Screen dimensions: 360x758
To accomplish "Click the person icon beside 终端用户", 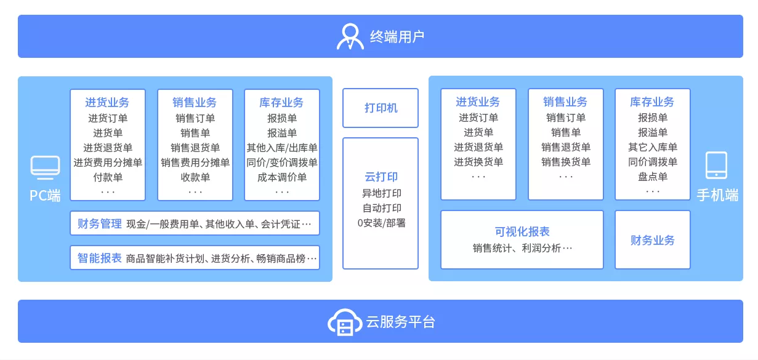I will click(x=350, y=36).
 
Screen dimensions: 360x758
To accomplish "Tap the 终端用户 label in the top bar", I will click(x=397, y=36).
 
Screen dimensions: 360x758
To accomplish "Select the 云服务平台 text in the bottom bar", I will click(x=400, y=322).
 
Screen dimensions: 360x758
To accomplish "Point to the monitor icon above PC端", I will click(x=45, y=167).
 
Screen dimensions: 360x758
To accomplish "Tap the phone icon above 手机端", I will click(x=716, y=166).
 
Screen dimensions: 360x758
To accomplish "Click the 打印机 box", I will click(x=381, y=108).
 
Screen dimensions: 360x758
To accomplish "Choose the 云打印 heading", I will click(x=381, y=177).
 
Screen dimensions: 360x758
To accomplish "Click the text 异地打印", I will click(x=381, y=193).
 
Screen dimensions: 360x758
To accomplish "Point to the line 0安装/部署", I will click(x=381, y=223).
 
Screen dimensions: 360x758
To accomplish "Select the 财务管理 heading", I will click(x=99, y=224).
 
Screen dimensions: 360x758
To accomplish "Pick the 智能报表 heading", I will click(x=99, y=258).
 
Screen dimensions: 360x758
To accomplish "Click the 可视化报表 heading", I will click(x=522, y=232).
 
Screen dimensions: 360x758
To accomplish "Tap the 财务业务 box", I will click(x=652, y=240).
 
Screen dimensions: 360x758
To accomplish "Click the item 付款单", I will click(x=108, y=177).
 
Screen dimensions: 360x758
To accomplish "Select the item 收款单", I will click(x=195, y=177).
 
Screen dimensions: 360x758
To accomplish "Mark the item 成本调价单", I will click(x=282, y=177).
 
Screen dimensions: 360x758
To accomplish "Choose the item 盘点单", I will click(x=653, y=177).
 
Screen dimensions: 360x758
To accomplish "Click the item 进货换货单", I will click(x=478, y=162).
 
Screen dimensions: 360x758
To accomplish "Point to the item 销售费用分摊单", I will click(x=195, y=162).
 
